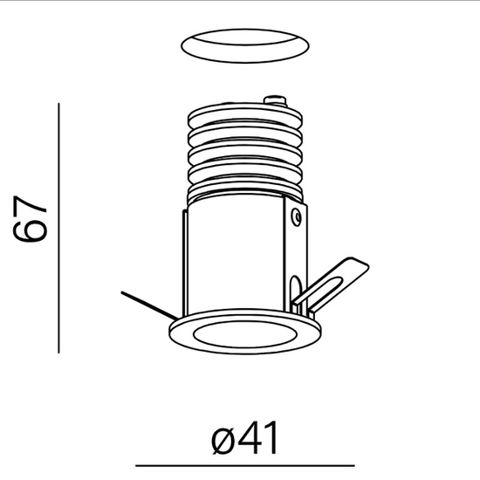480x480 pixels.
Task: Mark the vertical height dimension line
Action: click(58, 227)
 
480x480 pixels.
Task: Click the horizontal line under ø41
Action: click(244, 464)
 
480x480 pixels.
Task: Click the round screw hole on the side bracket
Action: click(298, 213)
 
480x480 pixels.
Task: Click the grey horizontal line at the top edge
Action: click(240, 3)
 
